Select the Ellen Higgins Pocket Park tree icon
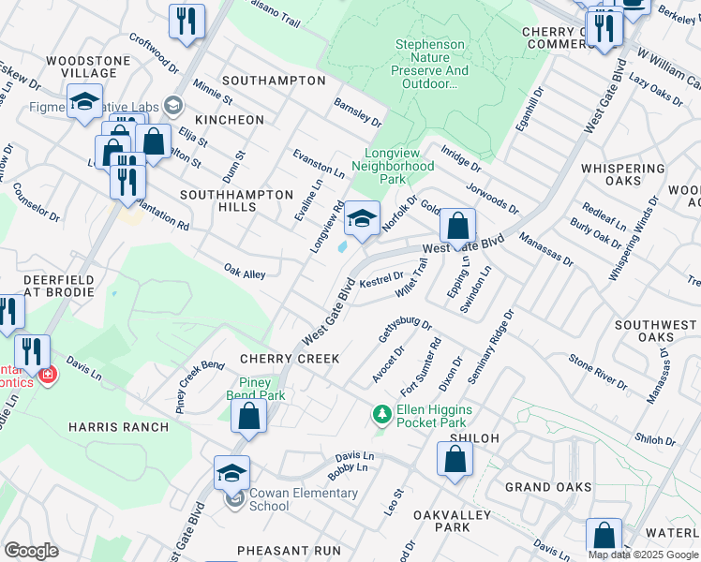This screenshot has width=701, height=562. tap(381, 413)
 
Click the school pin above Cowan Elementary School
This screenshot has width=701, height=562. tap(231, 474)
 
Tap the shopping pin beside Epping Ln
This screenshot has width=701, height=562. tap(456, 227)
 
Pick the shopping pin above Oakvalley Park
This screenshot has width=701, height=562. tap(455, 460)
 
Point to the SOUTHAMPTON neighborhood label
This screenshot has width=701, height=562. tap(274, 81)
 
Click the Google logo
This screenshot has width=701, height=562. tap(31, 551)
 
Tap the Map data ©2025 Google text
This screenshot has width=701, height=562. tap(643, 555)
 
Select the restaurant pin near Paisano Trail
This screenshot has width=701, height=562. tap(186, 22)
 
